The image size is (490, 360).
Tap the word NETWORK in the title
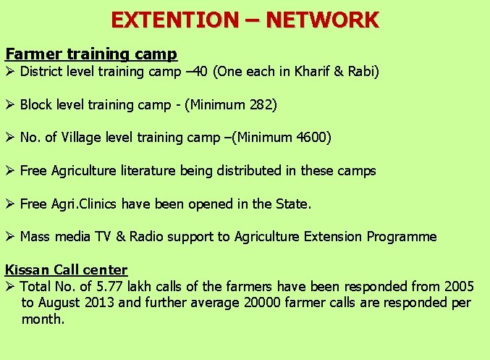tap(321, 19)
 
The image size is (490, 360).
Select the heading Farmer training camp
tap(91, 54)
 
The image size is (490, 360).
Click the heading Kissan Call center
tap(66, 270)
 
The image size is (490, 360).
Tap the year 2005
tap(459, 287)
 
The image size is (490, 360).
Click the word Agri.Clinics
tap(83, 204)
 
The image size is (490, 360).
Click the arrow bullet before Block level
tap(10, 104)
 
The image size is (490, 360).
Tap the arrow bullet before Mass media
tap(10, 237)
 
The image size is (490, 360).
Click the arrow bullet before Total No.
tap(10, 287)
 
